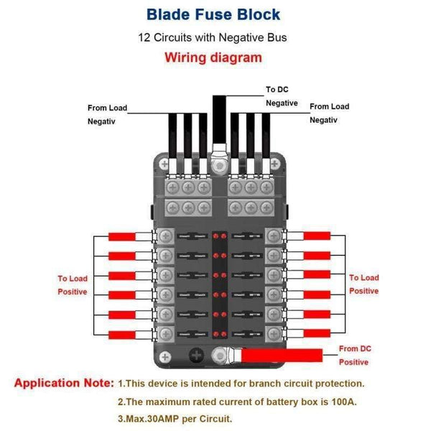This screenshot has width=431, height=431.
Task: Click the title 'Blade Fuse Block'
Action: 214,14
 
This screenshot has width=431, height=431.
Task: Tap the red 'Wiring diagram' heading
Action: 214,58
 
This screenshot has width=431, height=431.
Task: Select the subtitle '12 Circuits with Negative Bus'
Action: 214,37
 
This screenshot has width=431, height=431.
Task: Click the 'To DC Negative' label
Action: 282,96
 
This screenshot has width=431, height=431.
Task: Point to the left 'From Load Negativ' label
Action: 107,114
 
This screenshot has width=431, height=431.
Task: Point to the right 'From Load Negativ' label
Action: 329,113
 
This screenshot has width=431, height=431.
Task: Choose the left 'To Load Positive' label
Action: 73,284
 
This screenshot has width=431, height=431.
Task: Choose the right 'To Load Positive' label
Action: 363,284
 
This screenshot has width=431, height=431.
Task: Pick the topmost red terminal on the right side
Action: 316,236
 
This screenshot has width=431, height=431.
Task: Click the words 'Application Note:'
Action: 64,383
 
